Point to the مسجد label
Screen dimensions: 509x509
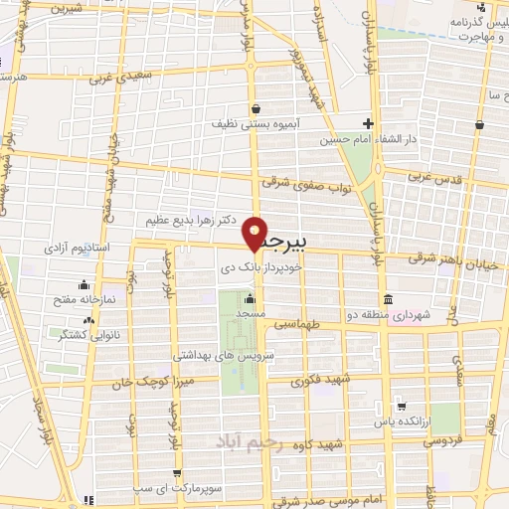point(249,313)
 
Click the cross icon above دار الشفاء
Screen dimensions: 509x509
point(368,123)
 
